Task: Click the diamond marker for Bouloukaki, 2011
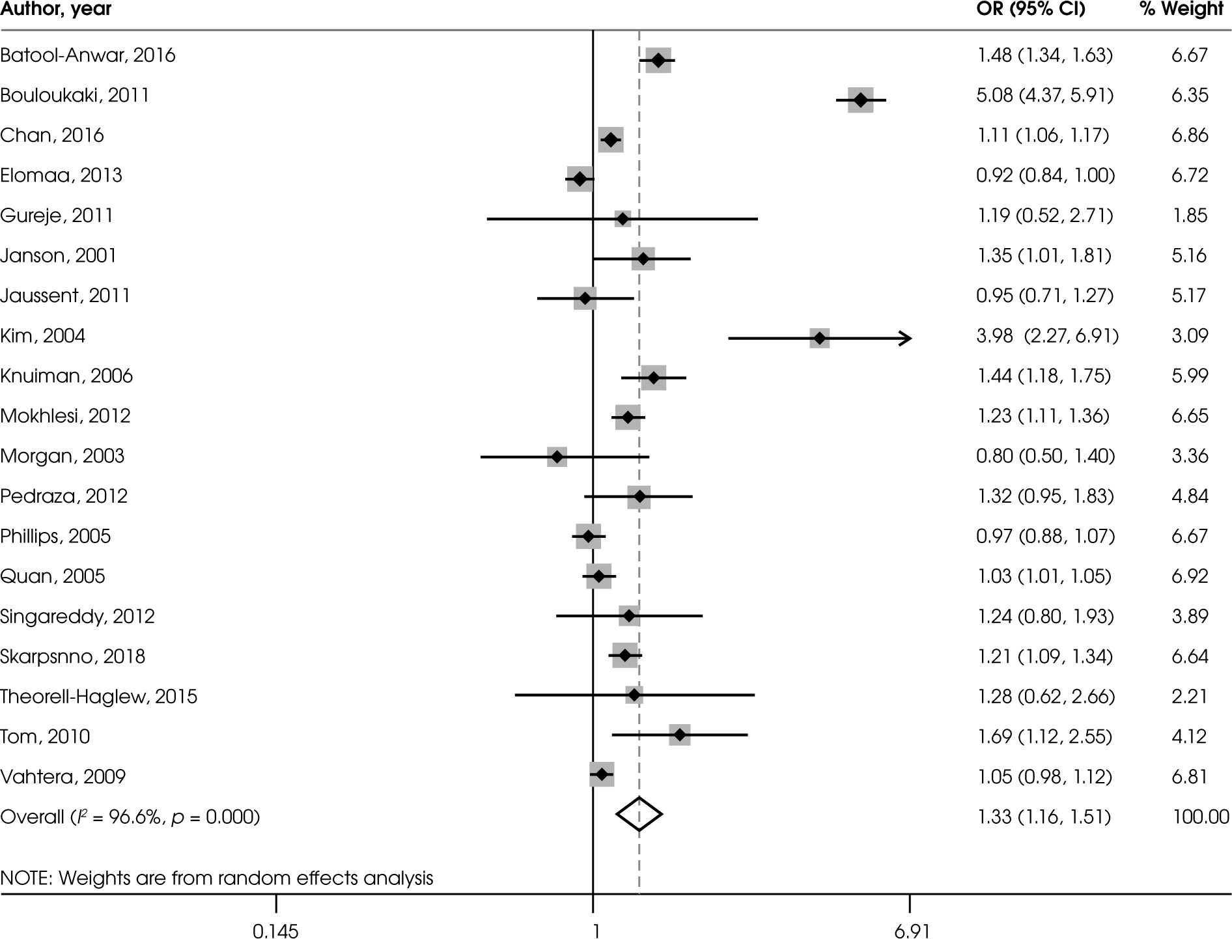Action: pos(860,100)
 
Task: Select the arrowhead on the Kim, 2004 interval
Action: pos(906,338)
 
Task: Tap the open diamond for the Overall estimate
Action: pos(639,814)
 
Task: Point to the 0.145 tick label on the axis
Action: pos(275,932)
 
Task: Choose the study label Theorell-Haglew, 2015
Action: pos(98,697)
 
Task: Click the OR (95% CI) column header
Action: pos(1031,9)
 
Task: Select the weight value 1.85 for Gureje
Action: pos(1190,216)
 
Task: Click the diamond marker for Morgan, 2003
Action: pos(557,456)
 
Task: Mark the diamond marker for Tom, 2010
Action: pos(680,735)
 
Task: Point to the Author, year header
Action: pos(56,9)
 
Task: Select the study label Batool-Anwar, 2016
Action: pos(88,55)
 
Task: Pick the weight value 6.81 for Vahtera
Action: pos(1190,776)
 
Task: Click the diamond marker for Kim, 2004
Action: pos(819,338)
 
